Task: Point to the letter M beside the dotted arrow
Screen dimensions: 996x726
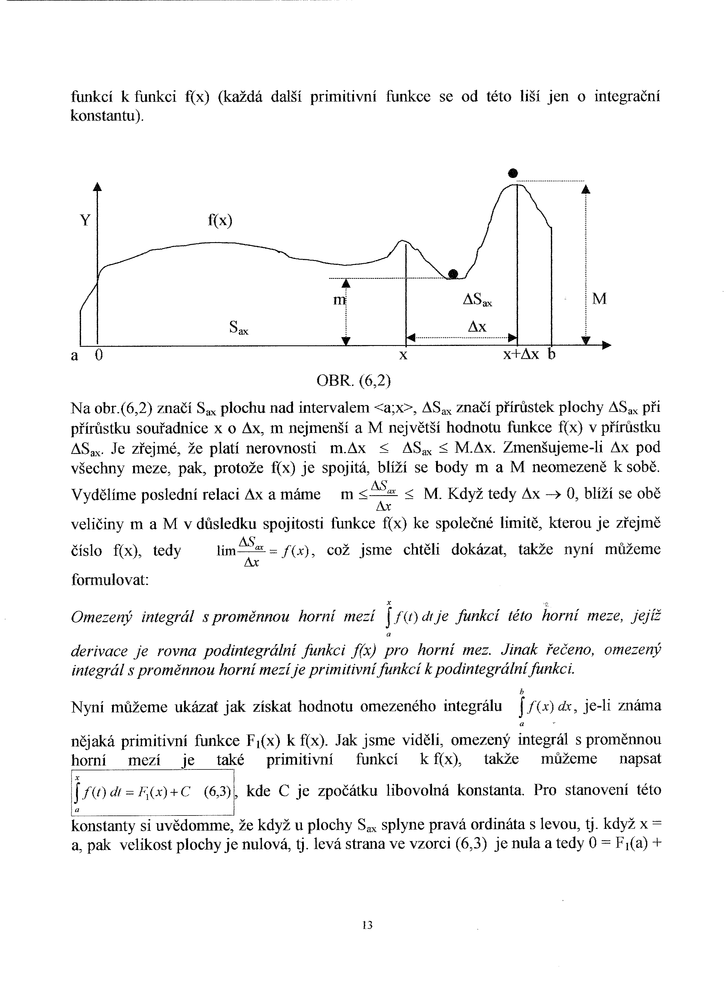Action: (x=599, y=299)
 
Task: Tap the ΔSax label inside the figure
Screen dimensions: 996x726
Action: (x=478, y=300)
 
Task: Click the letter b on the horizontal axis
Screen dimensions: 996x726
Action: (x=552, y=354)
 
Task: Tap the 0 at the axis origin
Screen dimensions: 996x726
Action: (x=99, y=355)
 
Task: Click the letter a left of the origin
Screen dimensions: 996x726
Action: (x=75, y=355)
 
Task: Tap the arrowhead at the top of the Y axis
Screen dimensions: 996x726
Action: (x=97, y=187)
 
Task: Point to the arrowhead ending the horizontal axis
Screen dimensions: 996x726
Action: (x=607, y=346)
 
